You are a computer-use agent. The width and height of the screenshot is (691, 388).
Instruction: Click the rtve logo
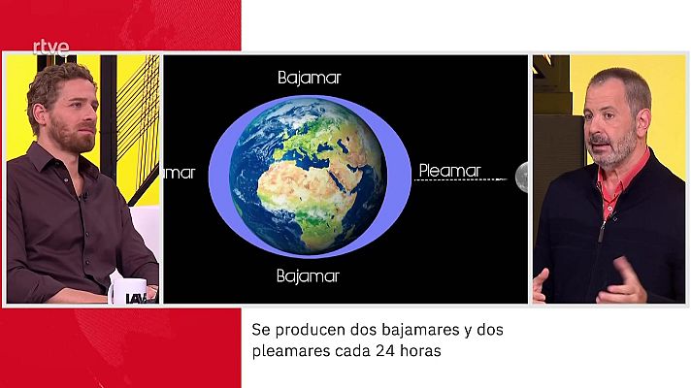click(x=50, y=46)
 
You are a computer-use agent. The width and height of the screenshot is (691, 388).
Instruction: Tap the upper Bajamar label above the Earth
click(x=310, y=77)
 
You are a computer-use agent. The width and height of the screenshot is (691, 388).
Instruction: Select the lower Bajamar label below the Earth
click(x=308, y=276)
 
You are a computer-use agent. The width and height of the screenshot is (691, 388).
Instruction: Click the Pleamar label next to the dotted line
click(x=449, y=172)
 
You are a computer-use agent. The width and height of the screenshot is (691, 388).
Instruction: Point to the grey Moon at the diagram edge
click(x=522, y=177)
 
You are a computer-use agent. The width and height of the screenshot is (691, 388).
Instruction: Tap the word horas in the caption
click(x=422, y=352)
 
